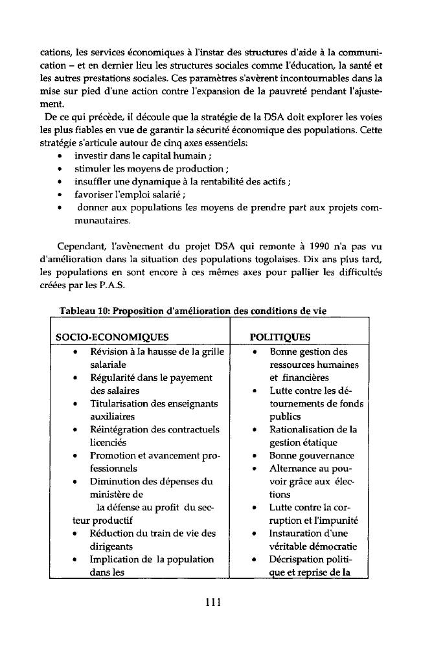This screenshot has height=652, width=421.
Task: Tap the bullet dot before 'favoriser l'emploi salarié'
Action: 60,199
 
